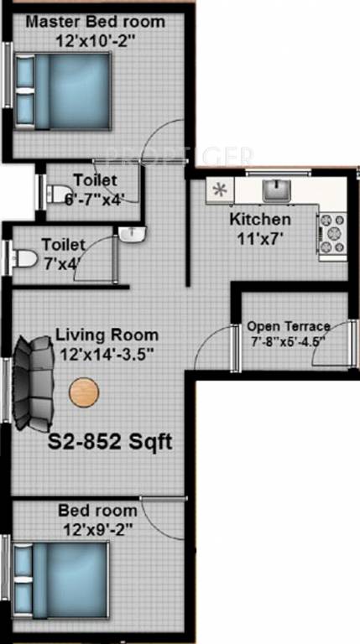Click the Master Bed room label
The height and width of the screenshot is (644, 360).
(x=95, y=21)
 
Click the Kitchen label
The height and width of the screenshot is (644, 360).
(x=260, y=220)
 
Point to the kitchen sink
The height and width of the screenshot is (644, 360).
(x=275, y=190)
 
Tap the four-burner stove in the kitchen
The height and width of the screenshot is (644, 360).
(x=331, y=234)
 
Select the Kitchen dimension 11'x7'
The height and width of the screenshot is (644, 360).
(x=260, y=237)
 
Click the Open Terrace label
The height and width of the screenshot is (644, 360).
(x=288, y=326)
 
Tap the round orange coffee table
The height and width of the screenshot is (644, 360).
(x=84, y=392)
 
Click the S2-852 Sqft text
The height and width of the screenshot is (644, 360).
(x=109, y=442)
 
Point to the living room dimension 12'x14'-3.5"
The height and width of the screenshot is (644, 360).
(x=107, y=354)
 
